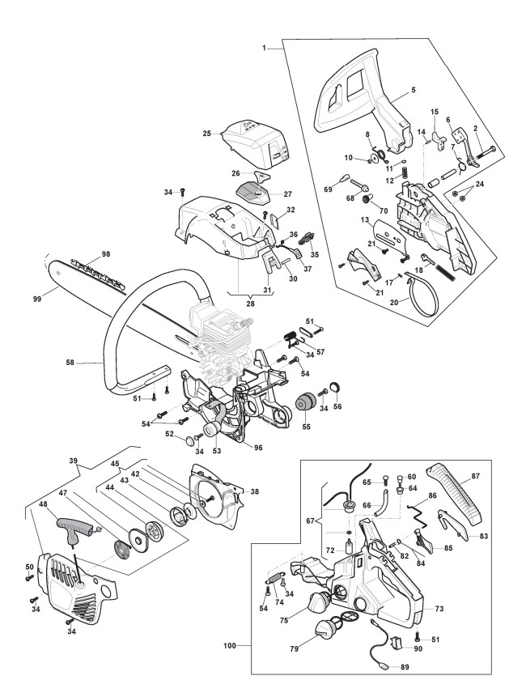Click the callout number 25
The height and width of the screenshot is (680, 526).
tap(207, 134)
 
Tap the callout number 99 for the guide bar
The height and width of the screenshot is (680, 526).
tap(37, 299)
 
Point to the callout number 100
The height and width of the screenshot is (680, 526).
tap(230, 646)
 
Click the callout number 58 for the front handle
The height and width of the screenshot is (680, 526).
tap(70, 363)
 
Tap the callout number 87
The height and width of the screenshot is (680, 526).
tap(476, 476)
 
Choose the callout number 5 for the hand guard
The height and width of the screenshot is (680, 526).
tap(414, 90)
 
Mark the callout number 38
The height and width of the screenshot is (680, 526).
tap(255, 491)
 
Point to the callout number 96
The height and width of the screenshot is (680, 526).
tap(258, 448)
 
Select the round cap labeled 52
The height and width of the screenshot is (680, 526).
tap(189, 440)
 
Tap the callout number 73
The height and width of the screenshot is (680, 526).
tap(439, 609)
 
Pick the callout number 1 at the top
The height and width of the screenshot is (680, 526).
tap(264, 48)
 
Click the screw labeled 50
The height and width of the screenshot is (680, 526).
tap(29, 577)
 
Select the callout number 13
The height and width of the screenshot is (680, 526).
tap(365, 220)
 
